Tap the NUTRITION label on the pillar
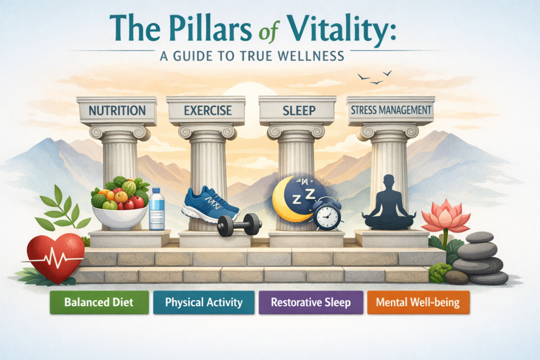pyautogui.click(x=117, y=111)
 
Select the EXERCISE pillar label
pyautogui.click(x=206, y=111)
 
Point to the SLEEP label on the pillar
pyautogui.click(x=297, y=111)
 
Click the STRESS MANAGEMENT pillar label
pyautogui.click(x=390, y=111)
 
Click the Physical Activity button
pyautogui.click(x=204, y=303)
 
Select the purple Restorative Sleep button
pyautogui.click(x=311, y=303)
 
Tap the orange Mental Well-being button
pyautogui.click(x=418, y=303)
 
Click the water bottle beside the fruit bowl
pyautogui.click(x=157, y=209)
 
